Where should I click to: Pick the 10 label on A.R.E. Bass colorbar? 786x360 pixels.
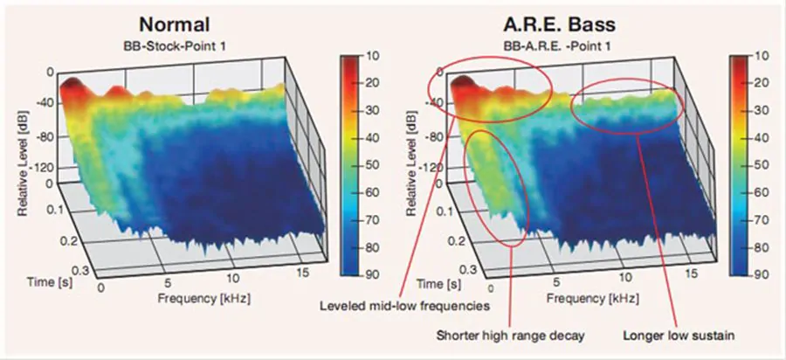pos(761,56)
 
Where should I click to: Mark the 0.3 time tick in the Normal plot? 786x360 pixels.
pos(77,271)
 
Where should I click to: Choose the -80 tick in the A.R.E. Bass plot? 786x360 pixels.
pos(431,137)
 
